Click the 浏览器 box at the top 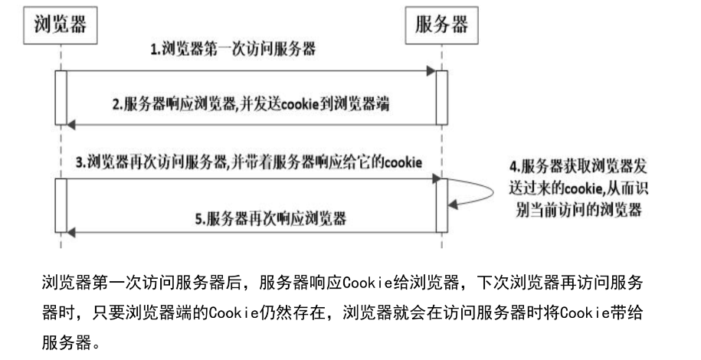pos(60,25)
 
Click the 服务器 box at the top pos(441,25)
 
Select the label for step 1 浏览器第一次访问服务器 pos(234,51)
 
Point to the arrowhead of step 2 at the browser pos(71,124)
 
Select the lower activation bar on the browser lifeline pos(61,206)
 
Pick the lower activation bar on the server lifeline pos(442,206)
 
